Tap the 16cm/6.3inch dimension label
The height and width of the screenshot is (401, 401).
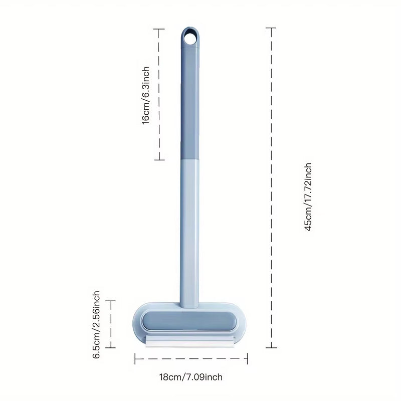(x=146, y=95)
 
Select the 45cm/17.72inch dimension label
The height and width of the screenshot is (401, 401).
(x=308, y=197)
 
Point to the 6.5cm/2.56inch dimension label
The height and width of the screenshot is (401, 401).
(x=96, y=324)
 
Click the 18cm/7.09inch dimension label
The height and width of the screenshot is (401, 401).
(x=191, y=377)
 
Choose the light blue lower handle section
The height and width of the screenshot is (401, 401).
(x=190, y=233)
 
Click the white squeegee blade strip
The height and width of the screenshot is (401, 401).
(x=190, y=341)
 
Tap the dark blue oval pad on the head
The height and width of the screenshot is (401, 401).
(x=189, y=321)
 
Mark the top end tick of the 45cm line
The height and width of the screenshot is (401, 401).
(x=271, y=28)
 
